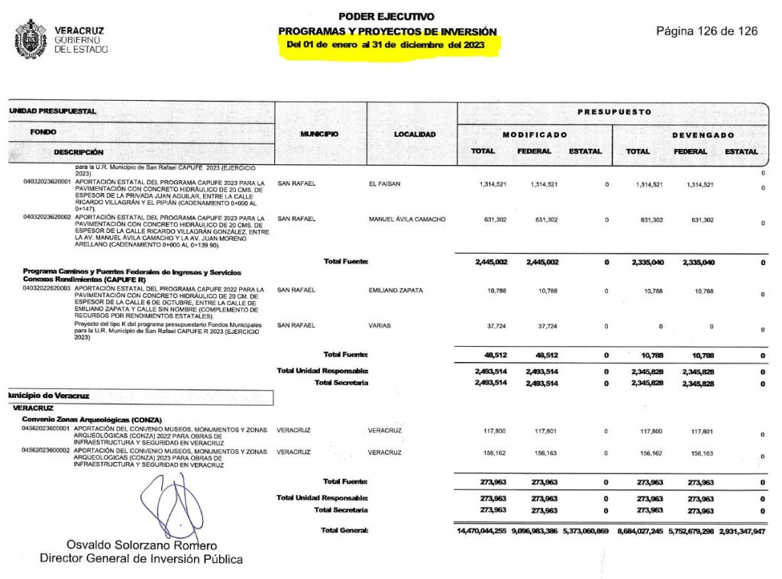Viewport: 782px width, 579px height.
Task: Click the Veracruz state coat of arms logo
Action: click(30, 40)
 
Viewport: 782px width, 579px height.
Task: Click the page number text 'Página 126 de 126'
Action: click(706, 31)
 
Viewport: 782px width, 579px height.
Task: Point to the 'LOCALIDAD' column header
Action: click(415, 134)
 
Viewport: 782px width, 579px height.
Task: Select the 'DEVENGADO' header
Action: click(703, 135)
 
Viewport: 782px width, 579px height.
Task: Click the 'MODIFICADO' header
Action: click(534, 135)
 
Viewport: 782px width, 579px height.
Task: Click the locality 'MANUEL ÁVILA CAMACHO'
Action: click(407, 220)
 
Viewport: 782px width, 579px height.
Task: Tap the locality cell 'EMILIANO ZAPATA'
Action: click(396, 290)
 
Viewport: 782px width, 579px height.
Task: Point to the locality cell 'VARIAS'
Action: click(380, 325)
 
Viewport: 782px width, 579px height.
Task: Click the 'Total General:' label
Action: click(344, 530)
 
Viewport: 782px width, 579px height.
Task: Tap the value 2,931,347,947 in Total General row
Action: click(742, 530)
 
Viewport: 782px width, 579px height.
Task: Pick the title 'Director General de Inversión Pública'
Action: click(141, 558)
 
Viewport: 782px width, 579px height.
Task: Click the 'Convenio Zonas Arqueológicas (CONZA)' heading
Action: click(102, 419)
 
